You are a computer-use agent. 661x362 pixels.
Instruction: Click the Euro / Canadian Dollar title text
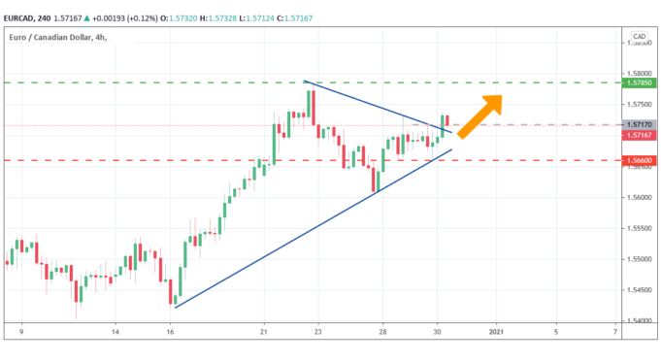50,37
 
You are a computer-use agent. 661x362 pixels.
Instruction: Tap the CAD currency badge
639,37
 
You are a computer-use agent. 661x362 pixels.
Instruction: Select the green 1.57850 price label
639,83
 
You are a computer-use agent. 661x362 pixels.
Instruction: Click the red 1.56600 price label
639,160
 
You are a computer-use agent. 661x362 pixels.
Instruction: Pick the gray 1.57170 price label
639,125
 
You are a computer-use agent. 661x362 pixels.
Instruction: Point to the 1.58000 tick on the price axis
638,74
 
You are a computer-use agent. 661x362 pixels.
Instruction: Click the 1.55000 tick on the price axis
638,259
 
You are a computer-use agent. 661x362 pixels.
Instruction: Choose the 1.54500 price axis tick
638,290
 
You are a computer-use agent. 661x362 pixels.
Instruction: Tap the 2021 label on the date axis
496,333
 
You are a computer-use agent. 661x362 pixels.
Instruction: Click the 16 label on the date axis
170,333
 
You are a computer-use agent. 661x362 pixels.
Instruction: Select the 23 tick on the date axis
318,333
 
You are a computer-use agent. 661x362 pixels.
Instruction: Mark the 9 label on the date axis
21,333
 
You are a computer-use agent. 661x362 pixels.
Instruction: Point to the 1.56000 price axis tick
638,197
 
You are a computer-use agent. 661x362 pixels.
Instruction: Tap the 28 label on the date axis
382,333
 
